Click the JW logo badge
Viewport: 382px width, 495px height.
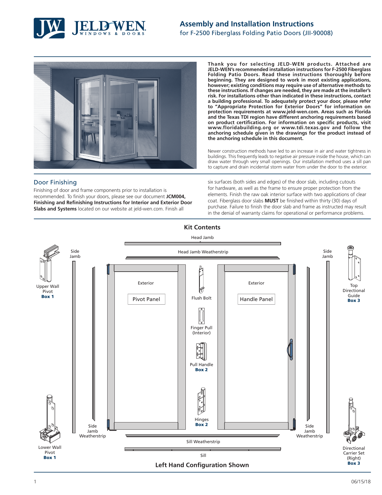[x=49, y=28]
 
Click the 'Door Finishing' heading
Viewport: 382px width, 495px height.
[x=55, y=182]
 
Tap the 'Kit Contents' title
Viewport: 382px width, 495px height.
[x=202, y=227]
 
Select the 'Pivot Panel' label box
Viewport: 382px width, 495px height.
[x=146, y=299]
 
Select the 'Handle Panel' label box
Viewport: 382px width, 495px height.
[x=256, y=299]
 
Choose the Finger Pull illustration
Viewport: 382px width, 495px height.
[x=201, y=316]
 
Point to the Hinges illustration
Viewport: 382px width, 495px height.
[x=202, y=402]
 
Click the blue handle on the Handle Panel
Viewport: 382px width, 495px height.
[x=290, y=349]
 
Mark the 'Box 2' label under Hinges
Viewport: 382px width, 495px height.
[x=201, y=425]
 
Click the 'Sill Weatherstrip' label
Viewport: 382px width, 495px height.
[x=203, y=442]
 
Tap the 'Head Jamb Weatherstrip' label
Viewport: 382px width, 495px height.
[x=203, y=252]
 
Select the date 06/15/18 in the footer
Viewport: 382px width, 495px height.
[x=361, y=482]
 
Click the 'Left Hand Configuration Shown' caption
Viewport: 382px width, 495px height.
[x=202, y=465]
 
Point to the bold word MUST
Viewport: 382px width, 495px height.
[x=271, y=201]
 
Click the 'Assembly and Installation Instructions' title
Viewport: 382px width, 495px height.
[x=247, y=24]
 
